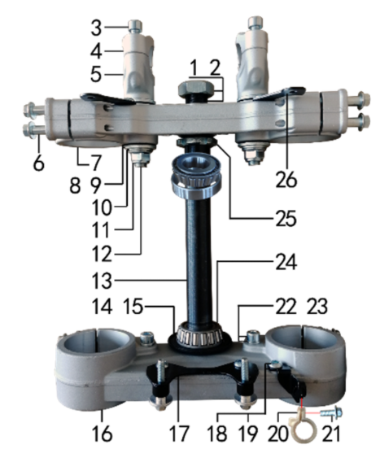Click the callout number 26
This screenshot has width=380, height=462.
coord(286,180)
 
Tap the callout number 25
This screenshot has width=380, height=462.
coord(286,219)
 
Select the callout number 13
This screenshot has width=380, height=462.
coord(102,280)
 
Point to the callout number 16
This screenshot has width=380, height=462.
coord(102,434)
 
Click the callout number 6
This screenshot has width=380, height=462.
coord(38,163)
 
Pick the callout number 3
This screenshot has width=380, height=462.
coord(96,28)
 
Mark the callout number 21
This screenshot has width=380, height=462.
coord(331,434)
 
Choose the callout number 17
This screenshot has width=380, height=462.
coord(179,434)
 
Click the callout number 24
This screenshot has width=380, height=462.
coord(286,262)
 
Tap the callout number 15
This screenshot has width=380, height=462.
coord(133,306)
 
